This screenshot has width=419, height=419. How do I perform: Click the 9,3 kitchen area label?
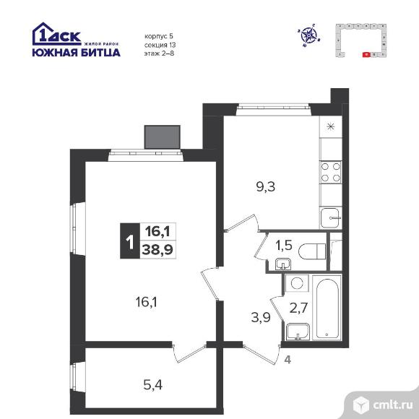click(265, 187)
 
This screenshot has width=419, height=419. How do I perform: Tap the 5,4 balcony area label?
click(153, 385)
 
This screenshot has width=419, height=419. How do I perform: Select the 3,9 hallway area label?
click(261, 317)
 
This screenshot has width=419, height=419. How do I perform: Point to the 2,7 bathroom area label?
click(298, 308)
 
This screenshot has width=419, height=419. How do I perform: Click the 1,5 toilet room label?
click(284, 245)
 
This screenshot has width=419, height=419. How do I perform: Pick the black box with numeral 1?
click(130, 241)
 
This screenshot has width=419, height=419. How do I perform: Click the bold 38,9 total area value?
click(157, 250)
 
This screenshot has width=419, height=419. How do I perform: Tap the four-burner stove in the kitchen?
click(331, 172)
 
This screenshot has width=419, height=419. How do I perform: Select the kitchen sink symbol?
click(331, 218)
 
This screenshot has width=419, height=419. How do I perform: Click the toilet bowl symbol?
click(312, 251)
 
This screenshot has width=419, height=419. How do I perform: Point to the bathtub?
click(327, 308)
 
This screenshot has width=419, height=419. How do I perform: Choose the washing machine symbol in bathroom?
click(297, 283)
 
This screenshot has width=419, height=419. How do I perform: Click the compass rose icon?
click(309, 35)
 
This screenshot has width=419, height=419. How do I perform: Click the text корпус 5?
click(159, 36)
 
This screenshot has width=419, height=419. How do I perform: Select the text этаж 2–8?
click(159, 53)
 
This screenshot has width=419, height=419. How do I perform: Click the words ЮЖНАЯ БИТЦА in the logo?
click(76, 52)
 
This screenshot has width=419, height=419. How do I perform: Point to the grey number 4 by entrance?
click(288, 360)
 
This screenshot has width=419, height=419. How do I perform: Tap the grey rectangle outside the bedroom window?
click(163, 137)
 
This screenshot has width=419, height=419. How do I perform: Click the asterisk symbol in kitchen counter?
click(331, 126)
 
